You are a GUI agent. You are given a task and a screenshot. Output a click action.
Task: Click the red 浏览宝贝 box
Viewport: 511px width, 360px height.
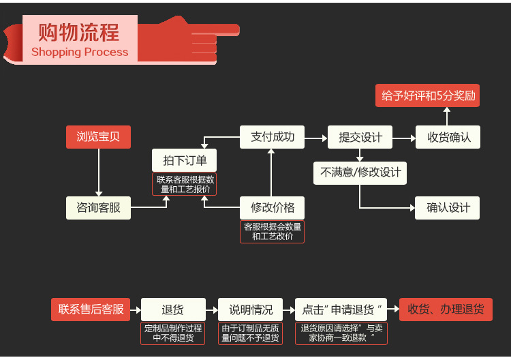[98, 137]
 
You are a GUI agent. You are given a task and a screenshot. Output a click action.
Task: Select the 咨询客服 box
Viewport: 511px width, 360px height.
[98, 207]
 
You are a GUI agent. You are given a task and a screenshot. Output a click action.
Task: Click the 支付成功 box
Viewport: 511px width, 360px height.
[272, 137]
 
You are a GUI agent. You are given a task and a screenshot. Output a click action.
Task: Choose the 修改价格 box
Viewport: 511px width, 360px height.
[272, 207]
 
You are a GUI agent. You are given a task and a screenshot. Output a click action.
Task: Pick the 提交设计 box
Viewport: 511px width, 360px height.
[360, 137]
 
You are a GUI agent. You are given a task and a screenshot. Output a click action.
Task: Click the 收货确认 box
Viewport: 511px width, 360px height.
[448, 137]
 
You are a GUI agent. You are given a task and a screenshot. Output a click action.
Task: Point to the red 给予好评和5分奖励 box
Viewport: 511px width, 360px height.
[427, 95]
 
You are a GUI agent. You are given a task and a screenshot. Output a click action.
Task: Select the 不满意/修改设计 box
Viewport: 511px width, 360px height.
[360, 172]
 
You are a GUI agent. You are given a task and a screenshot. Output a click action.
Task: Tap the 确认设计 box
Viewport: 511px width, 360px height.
[448, 207]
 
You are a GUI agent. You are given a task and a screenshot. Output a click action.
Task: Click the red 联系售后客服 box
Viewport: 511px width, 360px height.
[91, 310]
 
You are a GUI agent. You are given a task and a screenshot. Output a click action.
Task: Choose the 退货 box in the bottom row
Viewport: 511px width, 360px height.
[172, 310]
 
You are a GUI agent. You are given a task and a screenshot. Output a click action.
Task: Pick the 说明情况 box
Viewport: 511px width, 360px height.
[250, 310]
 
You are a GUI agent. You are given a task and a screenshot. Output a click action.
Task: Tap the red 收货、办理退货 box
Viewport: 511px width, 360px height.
[446, 310]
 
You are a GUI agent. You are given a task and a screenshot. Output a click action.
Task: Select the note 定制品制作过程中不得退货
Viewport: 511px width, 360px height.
[172, 333]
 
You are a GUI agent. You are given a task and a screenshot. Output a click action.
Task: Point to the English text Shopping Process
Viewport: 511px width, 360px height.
[80, 52]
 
